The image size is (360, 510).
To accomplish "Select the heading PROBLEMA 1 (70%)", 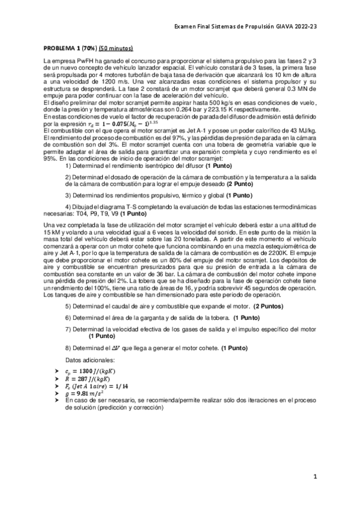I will point(70,48).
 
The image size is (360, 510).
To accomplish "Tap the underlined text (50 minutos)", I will point(117,48).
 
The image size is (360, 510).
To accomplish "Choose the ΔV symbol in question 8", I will point(128,348).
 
